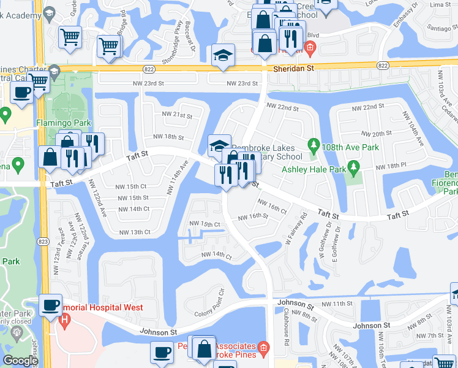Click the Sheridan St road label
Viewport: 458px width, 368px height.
coord(293,69)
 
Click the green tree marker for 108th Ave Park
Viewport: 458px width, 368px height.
coord(314,145)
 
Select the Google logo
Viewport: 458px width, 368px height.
coord(20,361)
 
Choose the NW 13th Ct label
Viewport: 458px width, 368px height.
coord(135,232)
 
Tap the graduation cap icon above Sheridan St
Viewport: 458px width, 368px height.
coord(223,56)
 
